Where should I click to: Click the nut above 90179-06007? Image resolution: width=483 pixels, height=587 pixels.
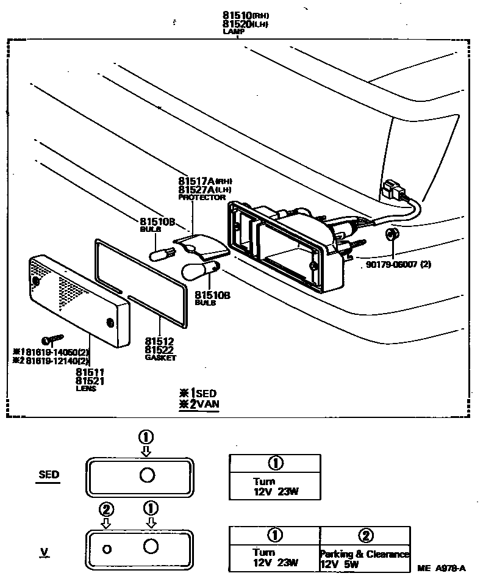tap(392, 234)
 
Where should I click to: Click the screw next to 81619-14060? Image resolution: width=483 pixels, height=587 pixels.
tap(52, 339)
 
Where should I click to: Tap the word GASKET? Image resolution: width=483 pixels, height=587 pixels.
tap(160, 358)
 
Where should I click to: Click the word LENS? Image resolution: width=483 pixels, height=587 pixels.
tap(86, 388)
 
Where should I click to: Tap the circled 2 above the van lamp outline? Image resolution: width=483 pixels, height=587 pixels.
tap(106, 508)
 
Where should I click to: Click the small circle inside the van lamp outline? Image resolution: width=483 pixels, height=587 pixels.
tap(107, 549)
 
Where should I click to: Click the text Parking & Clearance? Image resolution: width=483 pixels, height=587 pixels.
tap(365, 555)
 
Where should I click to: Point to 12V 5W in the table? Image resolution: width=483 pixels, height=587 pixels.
tap(340, 564)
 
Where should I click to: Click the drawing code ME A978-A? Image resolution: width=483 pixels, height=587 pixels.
tap(442, 569)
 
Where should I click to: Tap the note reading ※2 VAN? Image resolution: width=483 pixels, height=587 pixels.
tap(198, 404)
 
